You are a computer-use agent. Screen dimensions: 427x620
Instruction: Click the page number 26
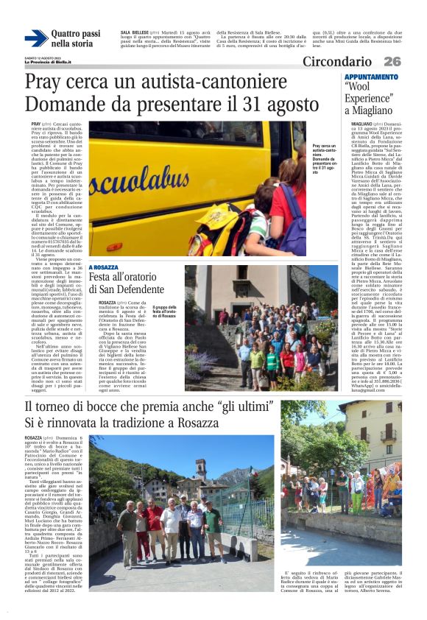[392, 62]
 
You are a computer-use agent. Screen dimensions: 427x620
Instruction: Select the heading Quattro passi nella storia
[76, 39]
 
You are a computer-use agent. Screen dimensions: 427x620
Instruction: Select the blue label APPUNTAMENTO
[371, 77]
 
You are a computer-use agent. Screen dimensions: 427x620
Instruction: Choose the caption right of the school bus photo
[325, 156]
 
